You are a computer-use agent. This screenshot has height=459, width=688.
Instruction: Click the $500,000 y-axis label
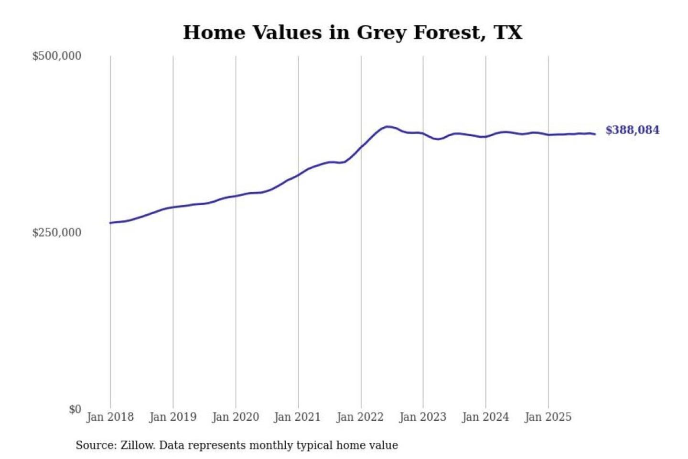coord(56,56)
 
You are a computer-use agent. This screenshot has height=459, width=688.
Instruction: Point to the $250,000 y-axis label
coord(56,232)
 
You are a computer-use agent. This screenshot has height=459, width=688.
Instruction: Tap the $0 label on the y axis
coord(75,409)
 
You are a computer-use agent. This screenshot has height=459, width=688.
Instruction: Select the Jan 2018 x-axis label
coord(110,417)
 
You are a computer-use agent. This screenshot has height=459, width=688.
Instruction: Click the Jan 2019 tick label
coord(172,417)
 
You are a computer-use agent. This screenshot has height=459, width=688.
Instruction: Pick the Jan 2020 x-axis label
coord(235,417)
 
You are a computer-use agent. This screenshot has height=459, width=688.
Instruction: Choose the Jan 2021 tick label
coord(297,417)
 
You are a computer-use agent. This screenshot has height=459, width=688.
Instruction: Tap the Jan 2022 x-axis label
coord(360,417)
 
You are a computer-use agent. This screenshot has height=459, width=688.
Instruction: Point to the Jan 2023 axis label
coord(422,417)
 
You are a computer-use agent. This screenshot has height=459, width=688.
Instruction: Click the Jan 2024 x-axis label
coord(485,417)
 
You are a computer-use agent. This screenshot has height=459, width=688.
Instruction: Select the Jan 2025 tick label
coord(548,417)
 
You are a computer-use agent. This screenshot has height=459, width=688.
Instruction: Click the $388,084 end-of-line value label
coord(632,130)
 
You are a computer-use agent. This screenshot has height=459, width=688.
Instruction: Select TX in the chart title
coord(508,33)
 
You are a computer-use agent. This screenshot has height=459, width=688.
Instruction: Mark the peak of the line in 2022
coord(387,127)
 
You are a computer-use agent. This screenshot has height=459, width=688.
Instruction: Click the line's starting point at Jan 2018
coord(110,223)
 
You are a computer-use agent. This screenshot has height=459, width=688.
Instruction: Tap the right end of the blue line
coord(595,134)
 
